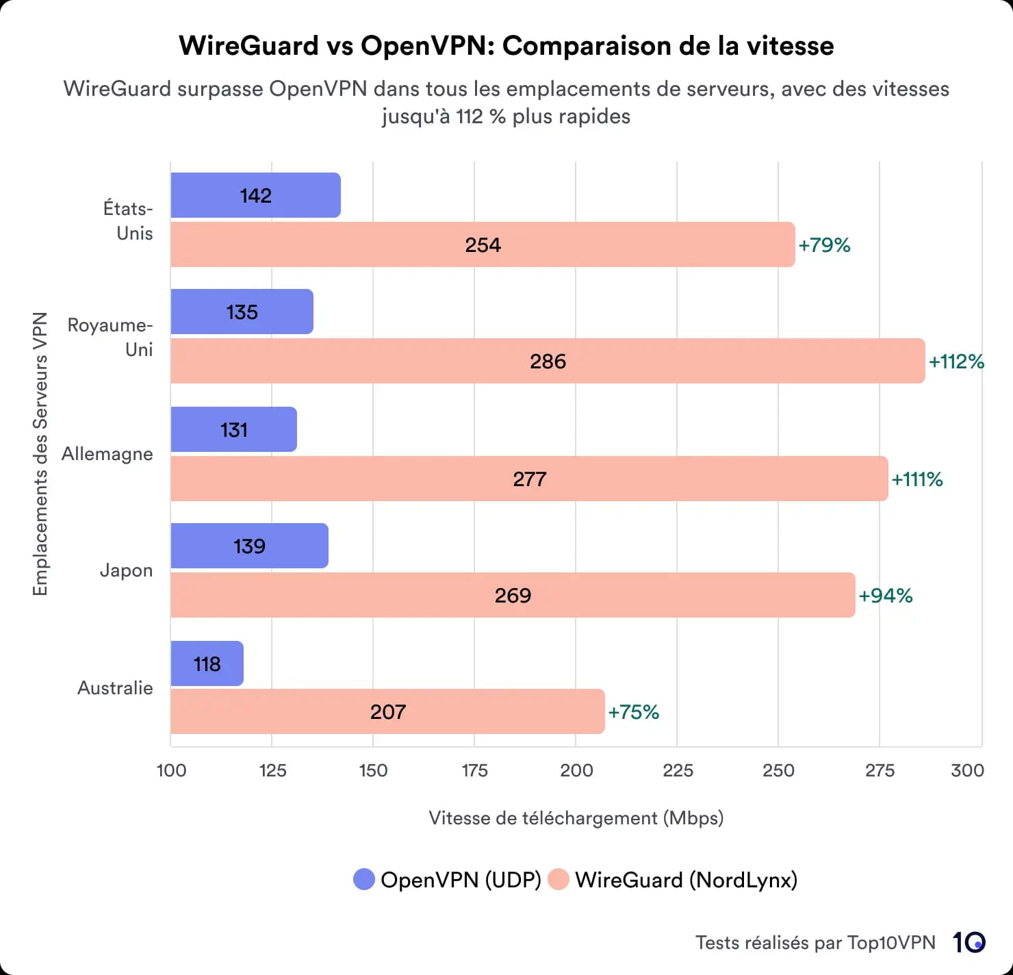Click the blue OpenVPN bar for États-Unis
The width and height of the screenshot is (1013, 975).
pos(255,195)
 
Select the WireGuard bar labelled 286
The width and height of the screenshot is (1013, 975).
pos(548,361)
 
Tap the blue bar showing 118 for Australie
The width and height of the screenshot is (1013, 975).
pos(207,663)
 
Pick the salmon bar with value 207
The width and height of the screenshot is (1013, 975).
pos(387,711)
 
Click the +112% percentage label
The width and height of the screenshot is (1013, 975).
pos(956,362)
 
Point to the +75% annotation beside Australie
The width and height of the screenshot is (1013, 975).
pos(633,712)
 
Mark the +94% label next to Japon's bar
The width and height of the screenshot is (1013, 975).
pos(886,596)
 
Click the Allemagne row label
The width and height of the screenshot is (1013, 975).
pos(107,454)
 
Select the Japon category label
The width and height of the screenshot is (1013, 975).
pos(126,570)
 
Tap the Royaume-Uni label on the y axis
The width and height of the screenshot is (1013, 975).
pos(110,338)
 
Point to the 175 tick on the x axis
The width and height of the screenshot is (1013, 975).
pos(474,770)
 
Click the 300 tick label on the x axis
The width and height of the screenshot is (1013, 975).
pos(967,770)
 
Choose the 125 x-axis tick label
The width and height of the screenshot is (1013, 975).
pos(272,770)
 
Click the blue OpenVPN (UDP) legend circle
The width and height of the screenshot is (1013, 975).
pos(364,880)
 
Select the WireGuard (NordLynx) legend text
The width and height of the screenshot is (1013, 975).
pos(686,880)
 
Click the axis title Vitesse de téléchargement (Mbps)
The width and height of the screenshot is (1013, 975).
pos(576,818)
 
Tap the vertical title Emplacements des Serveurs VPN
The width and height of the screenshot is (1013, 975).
pos(40,454)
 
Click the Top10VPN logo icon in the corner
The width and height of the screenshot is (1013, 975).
pos(969,943)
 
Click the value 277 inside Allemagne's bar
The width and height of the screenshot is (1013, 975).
pos(529,479)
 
